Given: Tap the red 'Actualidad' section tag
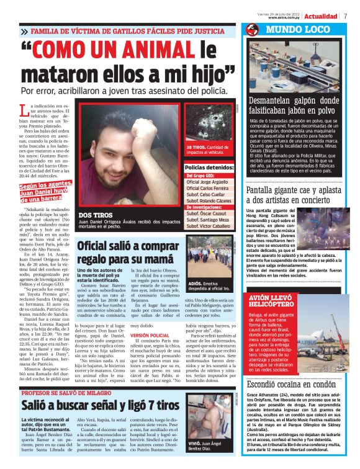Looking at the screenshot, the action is tap(322, 17).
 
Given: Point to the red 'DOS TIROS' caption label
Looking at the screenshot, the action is tap(97, 214).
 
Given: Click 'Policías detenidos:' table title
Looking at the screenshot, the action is tap(209, 167).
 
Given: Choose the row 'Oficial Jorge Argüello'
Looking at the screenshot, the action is tap(209, 181).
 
